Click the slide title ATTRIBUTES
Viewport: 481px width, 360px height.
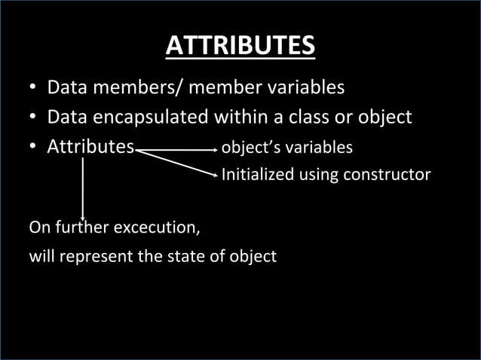240,46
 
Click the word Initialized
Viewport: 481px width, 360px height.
258,175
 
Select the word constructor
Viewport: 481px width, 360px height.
387,175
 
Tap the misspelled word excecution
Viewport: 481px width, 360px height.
157,226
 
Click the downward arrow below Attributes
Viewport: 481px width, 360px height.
82,215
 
